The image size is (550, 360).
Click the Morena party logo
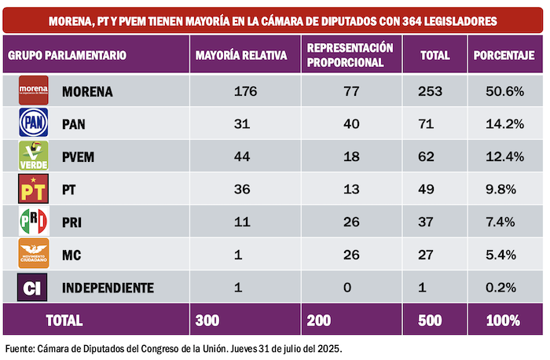(34, 91)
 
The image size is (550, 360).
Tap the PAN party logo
(34, 123)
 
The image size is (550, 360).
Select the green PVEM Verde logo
(34, 156)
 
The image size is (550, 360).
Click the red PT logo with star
(34, 189)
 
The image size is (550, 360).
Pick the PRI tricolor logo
(34, 222)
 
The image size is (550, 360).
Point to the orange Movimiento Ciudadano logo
(34, 255)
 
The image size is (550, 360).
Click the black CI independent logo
(34, 288)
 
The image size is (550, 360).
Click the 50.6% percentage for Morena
(504, 92)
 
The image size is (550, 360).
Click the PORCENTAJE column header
(504, 56)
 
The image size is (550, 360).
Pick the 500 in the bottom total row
(435, 320)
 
